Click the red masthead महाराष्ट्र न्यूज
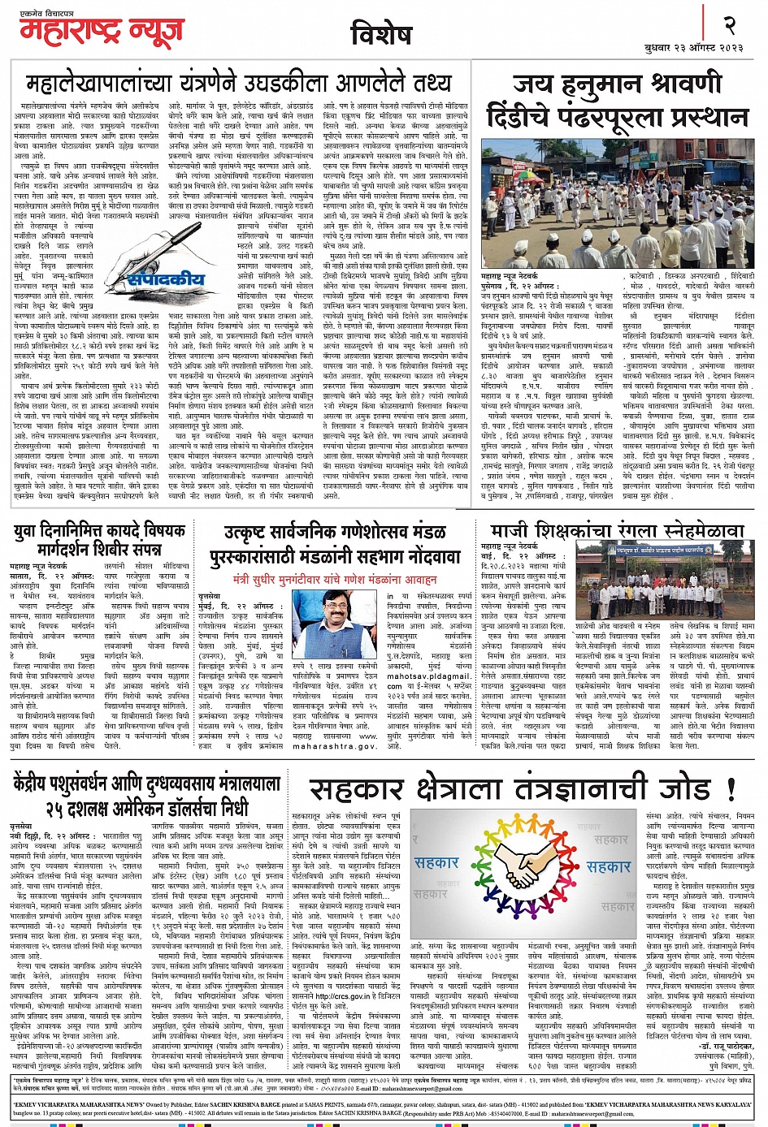114,33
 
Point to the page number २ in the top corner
729,25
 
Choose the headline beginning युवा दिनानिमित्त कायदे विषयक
100,539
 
